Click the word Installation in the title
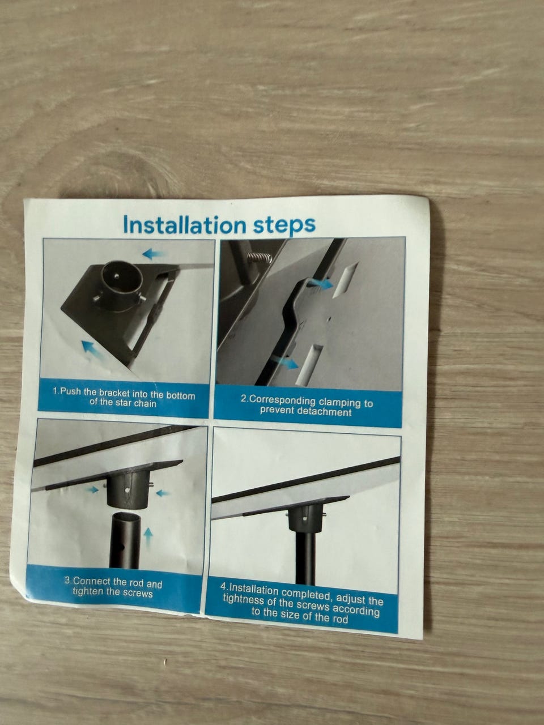(184, 225)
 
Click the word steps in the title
(284, 225)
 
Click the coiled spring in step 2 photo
(260, 257)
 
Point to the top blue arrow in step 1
(153, 254)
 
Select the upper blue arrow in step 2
(320, 283)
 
